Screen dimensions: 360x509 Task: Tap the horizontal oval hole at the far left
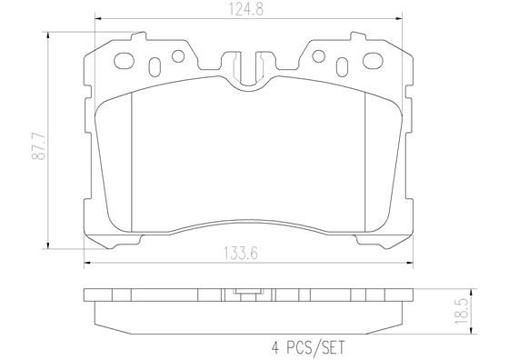[x=125, y=63]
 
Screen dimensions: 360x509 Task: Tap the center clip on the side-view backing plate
[x=246, y=294]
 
